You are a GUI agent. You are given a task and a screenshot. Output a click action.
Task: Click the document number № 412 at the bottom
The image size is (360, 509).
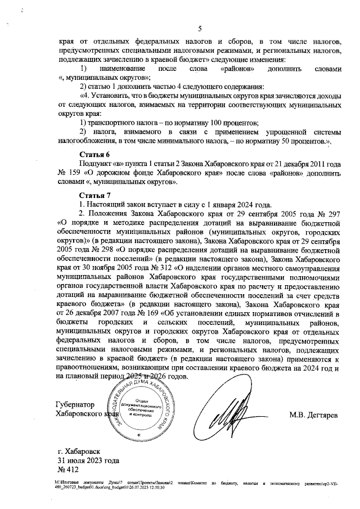[x=67, y=469]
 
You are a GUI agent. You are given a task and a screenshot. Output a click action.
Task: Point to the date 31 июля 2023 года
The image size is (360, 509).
[x=88, y=460]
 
